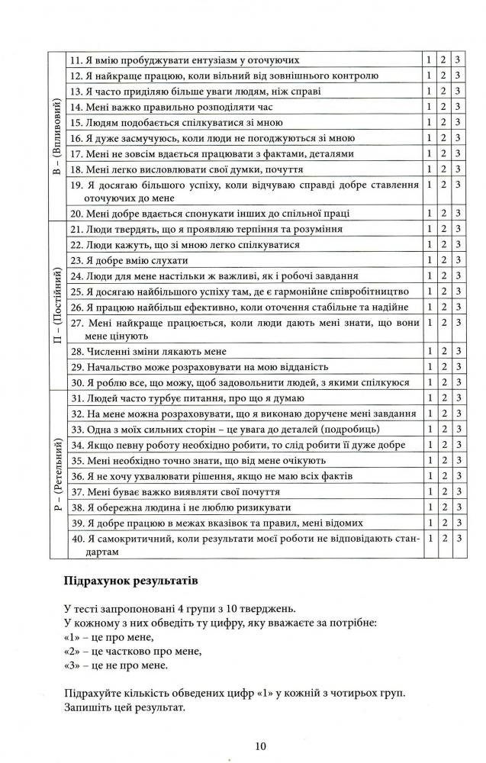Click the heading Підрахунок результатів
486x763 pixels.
131,581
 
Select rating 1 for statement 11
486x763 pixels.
430,60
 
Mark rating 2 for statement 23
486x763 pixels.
443,260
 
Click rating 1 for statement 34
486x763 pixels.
430,445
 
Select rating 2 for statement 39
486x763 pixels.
443,523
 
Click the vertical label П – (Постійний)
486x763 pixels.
56,305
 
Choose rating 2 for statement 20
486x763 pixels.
443,213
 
